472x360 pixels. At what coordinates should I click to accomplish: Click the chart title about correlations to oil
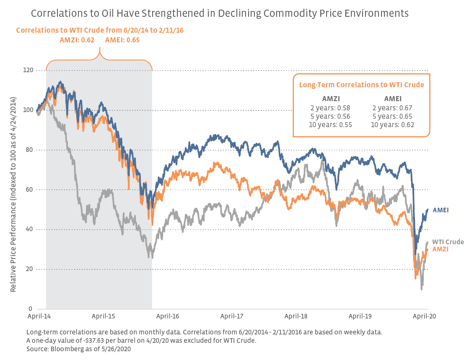[x=220, y=13]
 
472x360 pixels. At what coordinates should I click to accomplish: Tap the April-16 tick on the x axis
[x=168, y=317]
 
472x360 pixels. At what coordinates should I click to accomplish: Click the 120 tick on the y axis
[x=28, y=70]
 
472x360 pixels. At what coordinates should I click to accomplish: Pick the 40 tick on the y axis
[x=30, y=230]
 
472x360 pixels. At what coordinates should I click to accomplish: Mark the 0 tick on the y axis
[x=31, y=309]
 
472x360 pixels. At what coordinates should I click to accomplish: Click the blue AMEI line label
[x=440, y=210]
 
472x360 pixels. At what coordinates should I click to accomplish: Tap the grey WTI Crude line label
[x=448, y=242]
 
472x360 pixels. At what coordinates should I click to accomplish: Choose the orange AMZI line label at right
[x=440, y=249]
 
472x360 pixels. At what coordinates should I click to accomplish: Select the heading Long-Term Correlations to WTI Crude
[x=361, y=85]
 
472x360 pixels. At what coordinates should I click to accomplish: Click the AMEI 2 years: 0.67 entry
[x=392, y=108]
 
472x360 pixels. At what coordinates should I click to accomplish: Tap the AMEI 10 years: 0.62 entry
[x=392, y=125]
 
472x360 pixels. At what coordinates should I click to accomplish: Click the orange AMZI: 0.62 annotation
[x=77, y=40]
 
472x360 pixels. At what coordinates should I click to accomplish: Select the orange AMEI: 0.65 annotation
[x=122, y=40]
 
